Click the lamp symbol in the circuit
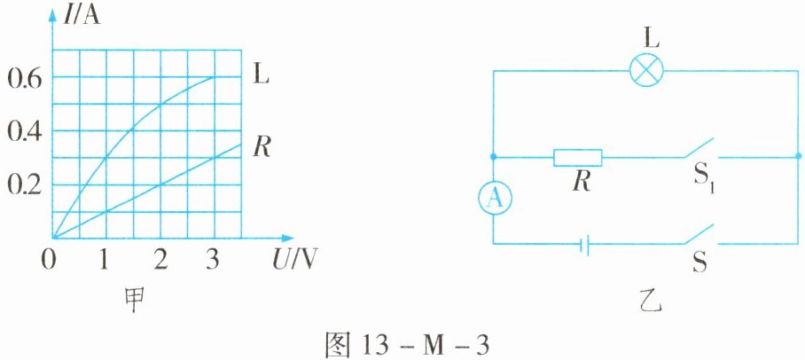645,72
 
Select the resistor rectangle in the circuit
578,158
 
